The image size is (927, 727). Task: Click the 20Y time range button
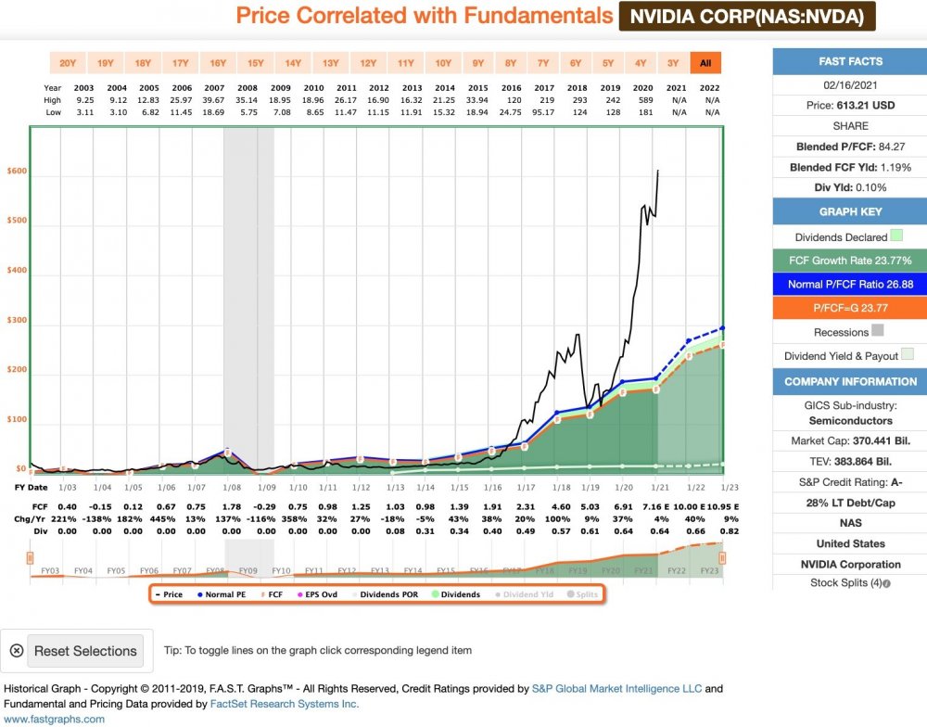coord(68,63)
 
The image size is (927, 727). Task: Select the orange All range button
coord(705,63)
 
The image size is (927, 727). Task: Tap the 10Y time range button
coord(443,63)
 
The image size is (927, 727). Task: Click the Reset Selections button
coord(85,651)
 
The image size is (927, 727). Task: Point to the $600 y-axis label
coord(17,172)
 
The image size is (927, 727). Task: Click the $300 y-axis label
coord(17,320)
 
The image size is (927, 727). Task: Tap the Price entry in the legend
coord(168,594)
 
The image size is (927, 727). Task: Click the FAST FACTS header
coord(850,61)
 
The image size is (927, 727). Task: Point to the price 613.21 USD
coord(850,106)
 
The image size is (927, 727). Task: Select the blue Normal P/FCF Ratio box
coord(850,285)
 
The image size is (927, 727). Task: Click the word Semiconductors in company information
coord(850,421)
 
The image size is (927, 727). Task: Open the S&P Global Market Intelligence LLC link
coord(618,689)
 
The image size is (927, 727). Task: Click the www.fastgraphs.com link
coord(55,719)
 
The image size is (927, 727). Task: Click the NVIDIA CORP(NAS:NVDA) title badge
coord(747,17)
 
